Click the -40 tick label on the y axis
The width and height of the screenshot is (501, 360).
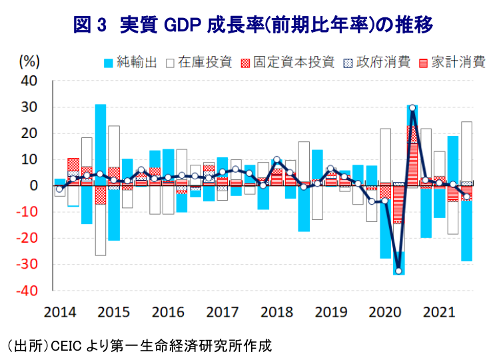29,291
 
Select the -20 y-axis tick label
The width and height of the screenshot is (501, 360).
29,239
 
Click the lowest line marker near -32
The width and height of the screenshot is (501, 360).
398,271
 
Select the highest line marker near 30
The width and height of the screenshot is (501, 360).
412,108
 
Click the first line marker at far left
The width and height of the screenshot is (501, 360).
59,190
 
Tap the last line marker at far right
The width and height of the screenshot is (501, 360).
466,197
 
